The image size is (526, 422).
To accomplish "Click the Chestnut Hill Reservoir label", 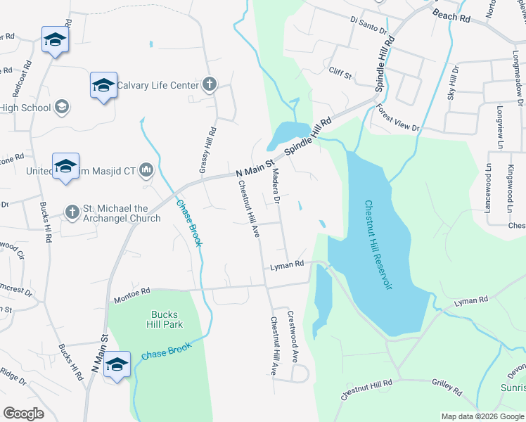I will coord(377,244).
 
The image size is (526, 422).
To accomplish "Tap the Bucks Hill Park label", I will coord(167,319).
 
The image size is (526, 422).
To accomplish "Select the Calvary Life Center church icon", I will coord(209,86).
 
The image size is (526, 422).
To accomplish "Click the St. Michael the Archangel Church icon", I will coord(72,212).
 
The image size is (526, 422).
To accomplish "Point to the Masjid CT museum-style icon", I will coord(146,170).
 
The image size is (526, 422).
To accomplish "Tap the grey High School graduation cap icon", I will coord(61,108).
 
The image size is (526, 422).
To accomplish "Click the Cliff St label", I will coord(340,71).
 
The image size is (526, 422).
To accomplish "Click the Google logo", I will coord(23,413).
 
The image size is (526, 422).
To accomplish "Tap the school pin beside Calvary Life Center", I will coord(103,86).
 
